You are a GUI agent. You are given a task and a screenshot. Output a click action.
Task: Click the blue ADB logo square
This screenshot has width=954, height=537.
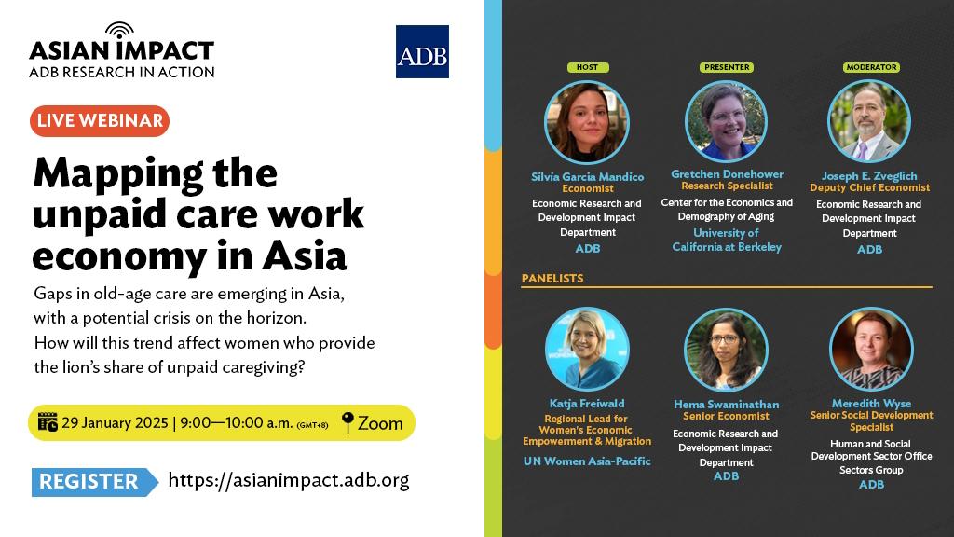coord(422,52)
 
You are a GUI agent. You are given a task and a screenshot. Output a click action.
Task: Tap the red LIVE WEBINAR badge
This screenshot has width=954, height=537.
coord(100,120)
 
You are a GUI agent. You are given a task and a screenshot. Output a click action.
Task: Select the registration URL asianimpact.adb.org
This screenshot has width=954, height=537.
coord(289,480)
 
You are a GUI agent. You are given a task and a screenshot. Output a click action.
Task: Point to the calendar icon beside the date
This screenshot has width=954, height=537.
coord(48,422)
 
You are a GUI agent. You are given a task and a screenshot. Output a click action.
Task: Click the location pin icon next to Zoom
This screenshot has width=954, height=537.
coord(348,422)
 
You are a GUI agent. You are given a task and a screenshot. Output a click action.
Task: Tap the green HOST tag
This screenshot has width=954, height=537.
coord(587,67)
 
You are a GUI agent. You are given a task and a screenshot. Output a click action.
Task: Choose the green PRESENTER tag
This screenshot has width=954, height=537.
coord(727,67)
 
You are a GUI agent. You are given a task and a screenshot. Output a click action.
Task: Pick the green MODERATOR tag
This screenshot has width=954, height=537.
coord(871,67)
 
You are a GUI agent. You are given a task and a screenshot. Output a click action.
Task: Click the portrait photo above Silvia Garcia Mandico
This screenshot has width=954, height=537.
coord(587,122)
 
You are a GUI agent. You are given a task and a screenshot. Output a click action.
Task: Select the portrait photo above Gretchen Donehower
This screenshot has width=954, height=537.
coord(726,121)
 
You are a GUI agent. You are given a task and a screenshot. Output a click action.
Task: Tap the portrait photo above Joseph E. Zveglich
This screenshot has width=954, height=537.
coord(869,121)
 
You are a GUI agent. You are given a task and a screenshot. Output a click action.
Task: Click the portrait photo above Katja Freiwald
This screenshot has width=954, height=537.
coord(587,349)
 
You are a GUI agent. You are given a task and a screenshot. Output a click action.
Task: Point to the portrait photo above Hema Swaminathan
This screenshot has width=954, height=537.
coord(726,350)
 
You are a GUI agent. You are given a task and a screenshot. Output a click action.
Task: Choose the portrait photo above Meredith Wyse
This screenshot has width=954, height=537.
coord(871,349)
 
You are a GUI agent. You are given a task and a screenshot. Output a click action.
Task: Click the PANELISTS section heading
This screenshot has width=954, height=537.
coord(552,278)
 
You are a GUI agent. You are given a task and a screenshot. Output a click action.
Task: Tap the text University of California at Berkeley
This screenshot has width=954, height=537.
coord(727,240)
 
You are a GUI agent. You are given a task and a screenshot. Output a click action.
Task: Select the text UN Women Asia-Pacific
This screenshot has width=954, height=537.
coord(587,461)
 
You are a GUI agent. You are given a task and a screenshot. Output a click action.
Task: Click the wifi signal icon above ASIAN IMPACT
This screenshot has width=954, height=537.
coord(119,30)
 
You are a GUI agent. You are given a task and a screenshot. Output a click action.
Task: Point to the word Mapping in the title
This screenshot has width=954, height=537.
coord(118,174)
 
